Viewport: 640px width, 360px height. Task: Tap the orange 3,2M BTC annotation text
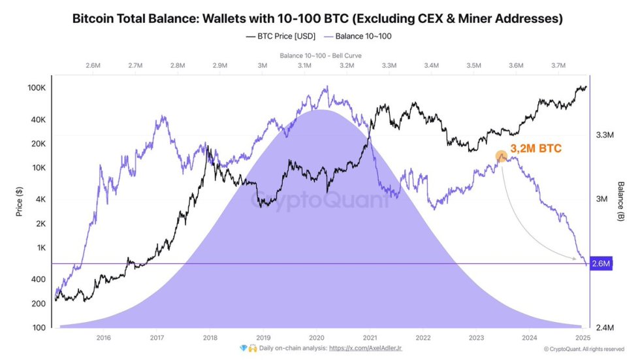click(536, 149)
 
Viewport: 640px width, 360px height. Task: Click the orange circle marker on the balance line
click(501, 156)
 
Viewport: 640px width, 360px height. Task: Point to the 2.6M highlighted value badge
click(601, 264)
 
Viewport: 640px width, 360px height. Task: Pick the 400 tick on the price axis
click(37, 280)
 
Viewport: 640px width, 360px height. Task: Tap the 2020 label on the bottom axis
click(316, 338)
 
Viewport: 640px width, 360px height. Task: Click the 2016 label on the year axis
click(103, 338)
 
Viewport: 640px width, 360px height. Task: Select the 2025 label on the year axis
click(583, 338)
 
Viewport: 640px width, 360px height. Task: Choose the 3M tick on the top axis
click(262, 65)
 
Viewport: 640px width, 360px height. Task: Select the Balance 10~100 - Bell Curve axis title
click(320, 56)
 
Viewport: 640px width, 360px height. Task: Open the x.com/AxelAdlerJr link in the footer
click(366, 349)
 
